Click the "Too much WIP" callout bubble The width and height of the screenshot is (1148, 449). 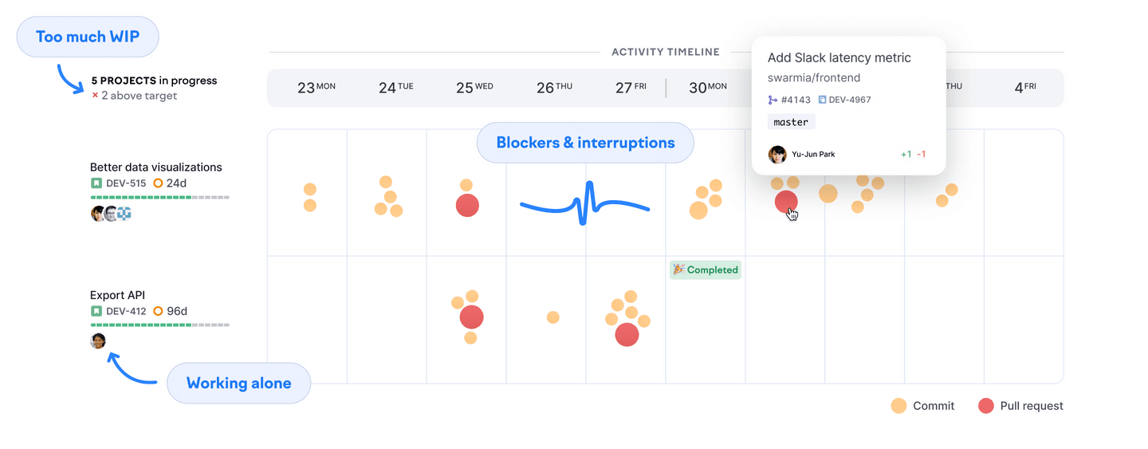coord(88,37)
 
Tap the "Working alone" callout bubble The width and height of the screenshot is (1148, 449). coord(238,383)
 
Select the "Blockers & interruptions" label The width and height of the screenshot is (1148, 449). coord(585,143)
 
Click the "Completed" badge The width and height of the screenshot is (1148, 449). coord(706,270)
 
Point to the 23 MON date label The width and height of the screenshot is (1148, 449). coord(316,88)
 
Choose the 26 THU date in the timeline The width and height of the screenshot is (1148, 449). coord(554,88)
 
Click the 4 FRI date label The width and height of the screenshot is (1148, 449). coord(1024,88)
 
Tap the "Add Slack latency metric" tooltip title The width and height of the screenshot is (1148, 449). coord(839,57)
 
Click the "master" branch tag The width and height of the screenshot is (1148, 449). coord(791,122)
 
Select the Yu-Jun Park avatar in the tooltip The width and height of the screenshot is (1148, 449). coord(777,154)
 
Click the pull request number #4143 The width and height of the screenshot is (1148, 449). coord(795,100)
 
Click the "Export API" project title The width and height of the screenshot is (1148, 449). coord(117,295)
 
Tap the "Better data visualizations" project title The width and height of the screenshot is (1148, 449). coord(155,167)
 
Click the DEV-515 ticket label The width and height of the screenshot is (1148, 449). coord(125,183)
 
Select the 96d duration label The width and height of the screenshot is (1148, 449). coord(176,311)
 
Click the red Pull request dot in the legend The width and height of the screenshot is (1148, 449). coord(986,406)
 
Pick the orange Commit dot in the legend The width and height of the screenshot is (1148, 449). coord(899,406)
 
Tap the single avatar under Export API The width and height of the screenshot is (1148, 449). coord(98,341)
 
